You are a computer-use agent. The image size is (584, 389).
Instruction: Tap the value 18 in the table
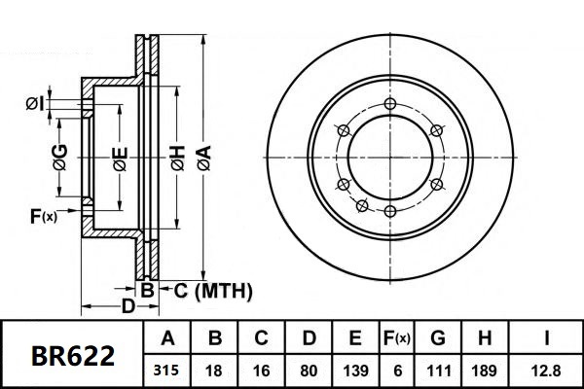[215, 371]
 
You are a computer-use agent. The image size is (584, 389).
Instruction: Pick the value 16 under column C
[261, 371]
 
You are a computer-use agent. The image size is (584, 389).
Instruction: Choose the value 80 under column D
[308, 371]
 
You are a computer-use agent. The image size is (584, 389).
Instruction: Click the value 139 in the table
[354, 371]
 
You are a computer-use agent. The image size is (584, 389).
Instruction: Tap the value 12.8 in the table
[547, 371]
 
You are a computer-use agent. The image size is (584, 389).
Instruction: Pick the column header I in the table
[547, 339]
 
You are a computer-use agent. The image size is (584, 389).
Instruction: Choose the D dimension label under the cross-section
[127, 307]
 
